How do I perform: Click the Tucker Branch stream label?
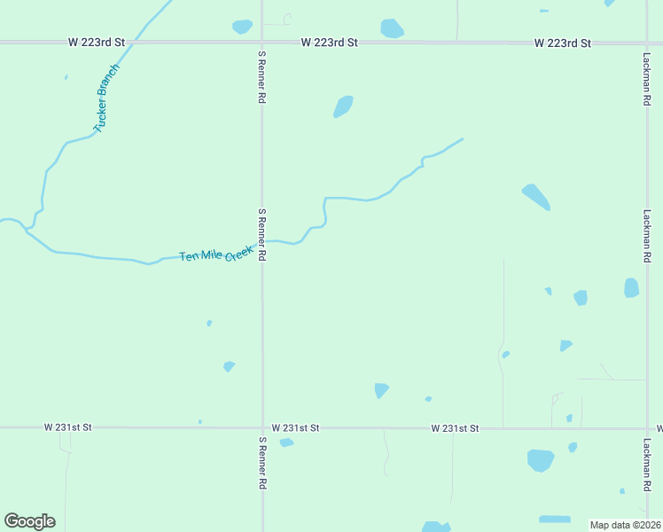pyautogui.click(x=106, y=98)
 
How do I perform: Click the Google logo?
pyautogui.click(x=29, y=521)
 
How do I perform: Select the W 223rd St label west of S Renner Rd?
pyautogui.click(x=98, y=42)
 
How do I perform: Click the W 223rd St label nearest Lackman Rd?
pyautogui.click(x=562, y=43)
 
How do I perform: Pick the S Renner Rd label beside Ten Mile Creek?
pyautogui.click(x=262, y=235)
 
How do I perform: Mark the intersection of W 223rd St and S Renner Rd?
pyautogui.click(x=261, y=42)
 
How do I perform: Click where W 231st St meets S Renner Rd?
pyautogui.click(x=262, y=427)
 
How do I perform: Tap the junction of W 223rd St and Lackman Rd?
pyautogui.click(x=647, y=42)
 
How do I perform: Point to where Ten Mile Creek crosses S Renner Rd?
pyautogui.click(x=262, y=242)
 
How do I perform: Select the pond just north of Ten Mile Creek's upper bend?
pyautogui.click(x=343, y=106)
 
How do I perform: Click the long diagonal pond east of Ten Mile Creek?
pyautogui.click(x=535, y=196)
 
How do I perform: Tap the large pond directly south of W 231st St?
pyautogui.click(x=540, y=460)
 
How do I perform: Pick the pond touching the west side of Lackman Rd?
pyautogui.click(x=631, y=287)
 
